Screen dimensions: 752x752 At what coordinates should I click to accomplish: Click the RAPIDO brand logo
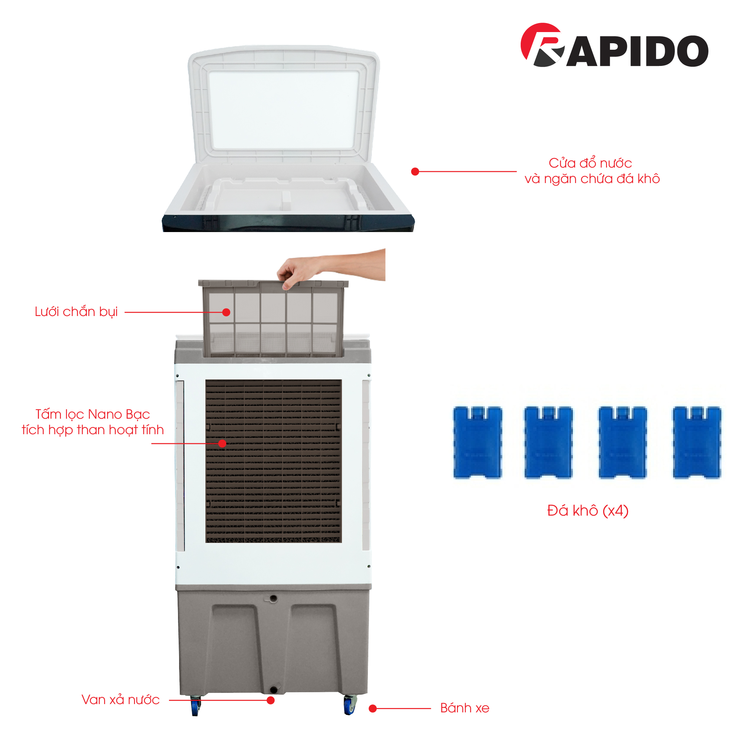(614, 45)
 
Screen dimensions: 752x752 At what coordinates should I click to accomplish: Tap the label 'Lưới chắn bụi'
(76, 312)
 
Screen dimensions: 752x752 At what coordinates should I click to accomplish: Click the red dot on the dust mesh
(226, 312)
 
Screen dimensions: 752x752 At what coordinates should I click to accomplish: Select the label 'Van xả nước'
(121, 699)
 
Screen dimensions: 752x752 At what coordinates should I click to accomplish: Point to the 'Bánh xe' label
(465, 708)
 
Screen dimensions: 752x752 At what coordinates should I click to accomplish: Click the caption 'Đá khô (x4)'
(588, 510)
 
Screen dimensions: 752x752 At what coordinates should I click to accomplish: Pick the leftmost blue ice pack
(477, 442)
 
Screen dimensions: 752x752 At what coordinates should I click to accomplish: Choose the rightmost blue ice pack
(697, 442)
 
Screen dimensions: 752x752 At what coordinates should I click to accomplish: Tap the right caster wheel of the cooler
(350, 704)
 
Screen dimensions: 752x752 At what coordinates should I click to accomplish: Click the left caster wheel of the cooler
(195, 705)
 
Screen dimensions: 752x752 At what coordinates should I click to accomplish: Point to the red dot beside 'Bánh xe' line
(373, 708)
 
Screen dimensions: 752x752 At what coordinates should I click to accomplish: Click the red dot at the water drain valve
(271, 700)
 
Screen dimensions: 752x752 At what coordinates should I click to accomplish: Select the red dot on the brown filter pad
(222, 443)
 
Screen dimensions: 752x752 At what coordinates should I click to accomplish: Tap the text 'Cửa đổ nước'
(590, 163)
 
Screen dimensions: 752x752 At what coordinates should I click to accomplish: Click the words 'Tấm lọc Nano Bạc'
(93, 414)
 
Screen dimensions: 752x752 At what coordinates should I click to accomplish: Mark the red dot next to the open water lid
(415, 172)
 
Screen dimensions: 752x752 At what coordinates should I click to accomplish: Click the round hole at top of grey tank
(273, 598)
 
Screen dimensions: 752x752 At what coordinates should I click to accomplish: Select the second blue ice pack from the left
(548, 442)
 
